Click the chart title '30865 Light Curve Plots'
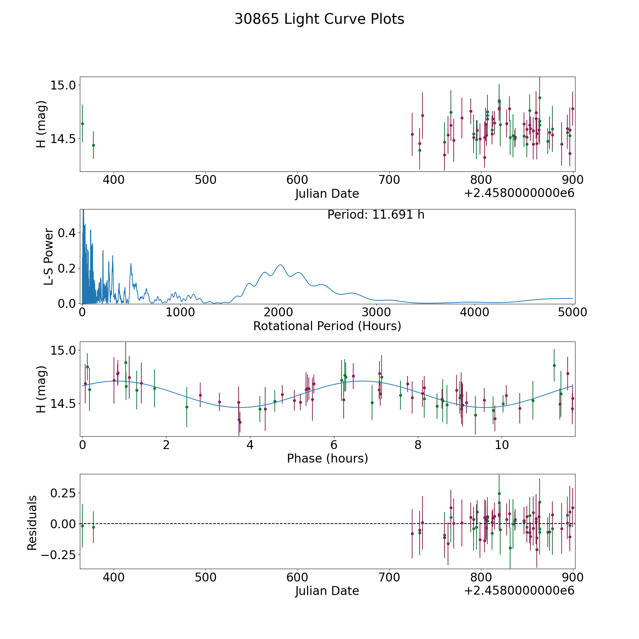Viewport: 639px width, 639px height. [x=319, y=19]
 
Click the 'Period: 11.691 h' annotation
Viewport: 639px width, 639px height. [x=376, y=215]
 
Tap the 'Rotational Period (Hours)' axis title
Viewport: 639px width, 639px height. [x=327, y=326]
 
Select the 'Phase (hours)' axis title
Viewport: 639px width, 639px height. [x=327, y=458]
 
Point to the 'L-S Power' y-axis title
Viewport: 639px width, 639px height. [x=49, y=257]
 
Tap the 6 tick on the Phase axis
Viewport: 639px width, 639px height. [x=334, y=445]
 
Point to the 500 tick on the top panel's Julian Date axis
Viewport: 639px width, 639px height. [x=206, y=180]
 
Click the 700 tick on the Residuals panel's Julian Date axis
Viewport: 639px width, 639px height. [x=389, y=577]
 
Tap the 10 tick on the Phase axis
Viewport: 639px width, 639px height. [x=502, y=445]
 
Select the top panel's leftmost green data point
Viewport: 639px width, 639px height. [x=82, y=124]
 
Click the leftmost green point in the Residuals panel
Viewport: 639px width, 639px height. [x=82, y=526]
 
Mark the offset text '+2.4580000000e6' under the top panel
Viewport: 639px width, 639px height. [x=519, y=193]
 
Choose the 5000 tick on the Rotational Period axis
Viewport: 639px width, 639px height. [x=572, y=312]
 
